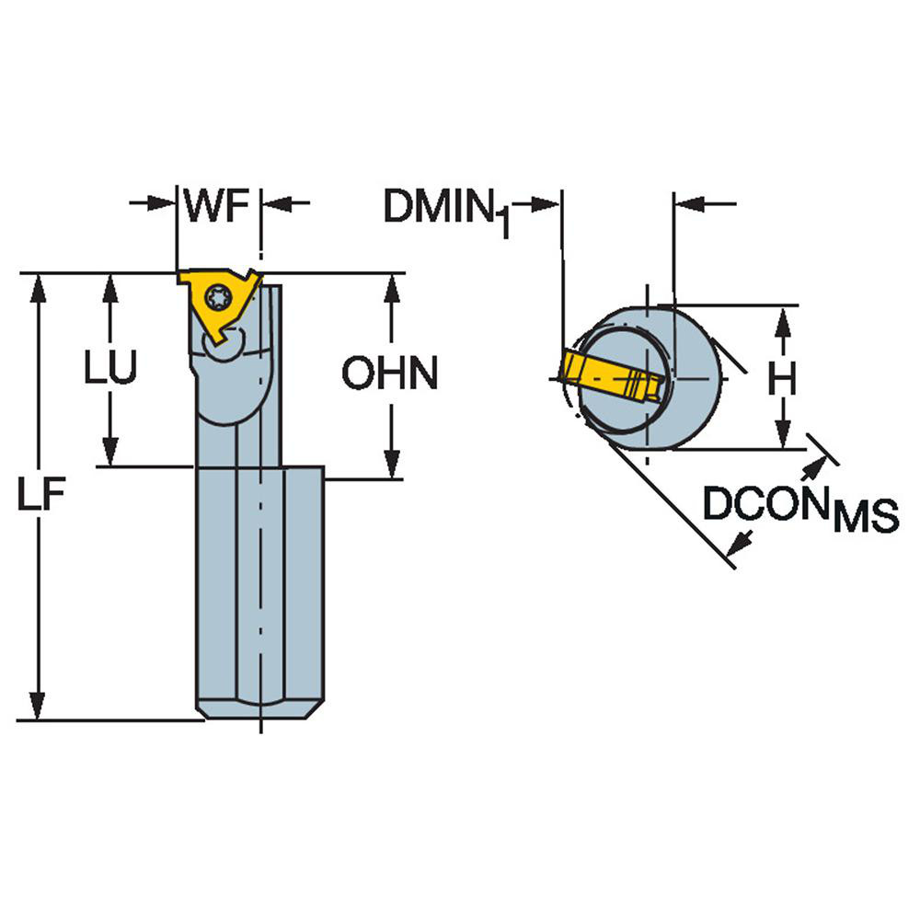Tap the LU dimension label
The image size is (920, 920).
tap(110, 369)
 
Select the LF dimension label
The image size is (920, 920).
tap(42, 497)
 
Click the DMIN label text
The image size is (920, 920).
tap(437, 206)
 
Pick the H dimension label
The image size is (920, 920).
tap(783, 379)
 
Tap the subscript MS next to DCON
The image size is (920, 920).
tap(865, 520)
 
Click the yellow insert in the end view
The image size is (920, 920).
tap(607, 377)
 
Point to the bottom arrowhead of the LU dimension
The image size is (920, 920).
tap(110, 454)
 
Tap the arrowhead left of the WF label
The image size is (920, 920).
tap(163, 202)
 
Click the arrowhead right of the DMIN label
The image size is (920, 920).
tap(547, 203)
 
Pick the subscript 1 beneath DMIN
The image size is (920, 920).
tap(506, 225)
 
